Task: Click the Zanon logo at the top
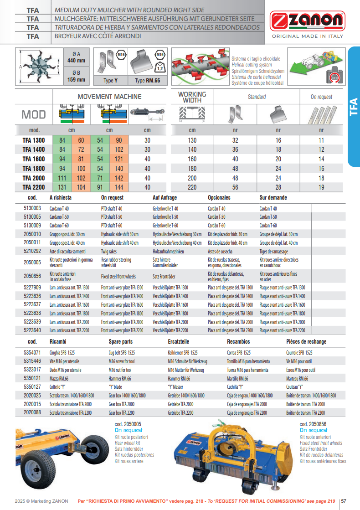[307, 21]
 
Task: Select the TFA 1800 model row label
[34, 168]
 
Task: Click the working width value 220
[192, 187]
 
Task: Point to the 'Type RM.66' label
[147, 81]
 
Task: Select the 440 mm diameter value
[76, 61]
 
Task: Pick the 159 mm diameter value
[76, 80]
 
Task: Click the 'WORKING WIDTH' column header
[192, 97]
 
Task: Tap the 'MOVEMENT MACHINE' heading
[109, 97]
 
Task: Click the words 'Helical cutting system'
[252, 65]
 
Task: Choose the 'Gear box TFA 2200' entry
[122, 413]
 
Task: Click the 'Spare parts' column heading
[121, 342]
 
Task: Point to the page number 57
[344, 501]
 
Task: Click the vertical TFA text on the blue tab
[354, 108]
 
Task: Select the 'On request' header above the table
[321, 97]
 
